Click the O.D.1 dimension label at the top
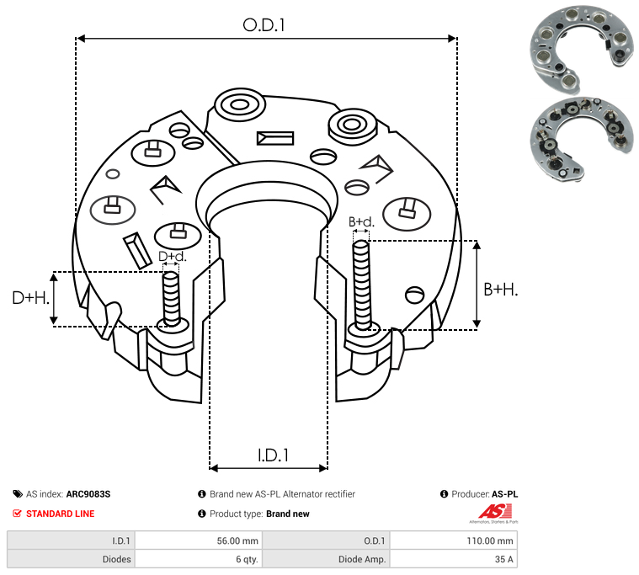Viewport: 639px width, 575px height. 264,25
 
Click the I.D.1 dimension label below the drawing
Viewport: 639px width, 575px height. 273,455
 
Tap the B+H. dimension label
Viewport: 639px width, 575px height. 500,290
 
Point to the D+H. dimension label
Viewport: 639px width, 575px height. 31,298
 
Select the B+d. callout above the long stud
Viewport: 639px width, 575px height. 361,222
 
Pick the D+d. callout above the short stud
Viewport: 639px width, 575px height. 173,256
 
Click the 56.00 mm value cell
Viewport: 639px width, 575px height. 237,540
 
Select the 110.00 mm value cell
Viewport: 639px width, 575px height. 490,540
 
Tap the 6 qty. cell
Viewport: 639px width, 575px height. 247,559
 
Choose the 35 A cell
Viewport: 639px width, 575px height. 503,559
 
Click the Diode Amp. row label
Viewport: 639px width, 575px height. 362,559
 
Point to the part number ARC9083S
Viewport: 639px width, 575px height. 88,494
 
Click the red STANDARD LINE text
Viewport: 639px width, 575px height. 61,514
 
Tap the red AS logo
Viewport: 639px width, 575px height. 494,512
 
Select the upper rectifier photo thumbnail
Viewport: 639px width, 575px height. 582,49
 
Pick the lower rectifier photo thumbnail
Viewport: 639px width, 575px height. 582,139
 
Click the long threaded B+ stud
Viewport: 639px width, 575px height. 361,285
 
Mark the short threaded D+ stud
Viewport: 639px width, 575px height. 171,299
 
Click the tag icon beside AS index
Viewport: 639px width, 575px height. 18,494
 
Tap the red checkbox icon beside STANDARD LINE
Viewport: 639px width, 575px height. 17,513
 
